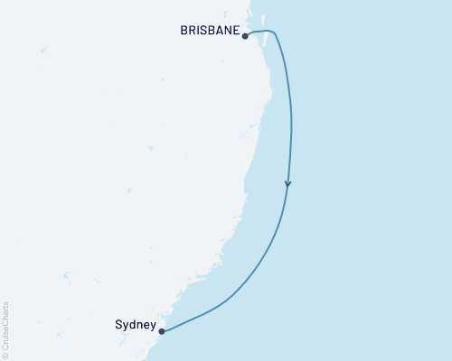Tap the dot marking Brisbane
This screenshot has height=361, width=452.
[x=246, y=36]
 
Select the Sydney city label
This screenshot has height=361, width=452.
[x=135, y=325]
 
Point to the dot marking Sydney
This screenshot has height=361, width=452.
[x=163, y=331]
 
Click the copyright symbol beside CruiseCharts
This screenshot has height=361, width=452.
[x=5, y=355]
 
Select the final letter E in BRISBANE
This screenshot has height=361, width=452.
[x=238, y=30]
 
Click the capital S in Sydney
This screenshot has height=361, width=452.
[x=119, y=325]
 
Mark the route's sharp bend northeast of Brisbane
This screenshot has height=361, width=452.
[x=275, y=33]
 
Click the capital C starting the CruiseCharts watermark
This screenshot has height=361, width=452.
[x=5, y=347]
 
